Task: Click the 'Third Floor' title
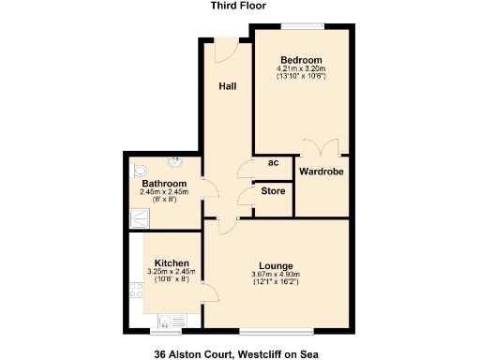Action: (239, 6)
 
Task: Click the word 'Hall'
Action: (227, 87)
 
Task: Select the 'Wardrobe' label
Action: (322, 172)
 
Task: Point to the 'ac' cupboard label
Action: (273, 163)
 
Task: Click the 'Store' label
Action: (273, 192)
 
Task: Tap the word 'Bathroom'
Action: (164, 184)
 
